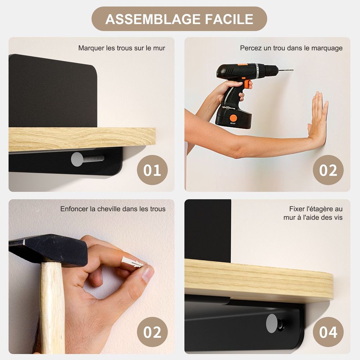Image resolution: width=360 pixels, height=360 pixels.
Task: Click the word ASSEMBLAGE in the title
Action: (153, 19)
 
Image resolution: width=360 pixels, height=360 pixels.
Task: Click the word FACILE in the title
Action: (229, 19)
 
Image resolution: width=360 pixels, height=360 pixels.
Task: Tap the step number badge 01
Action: (152, 170)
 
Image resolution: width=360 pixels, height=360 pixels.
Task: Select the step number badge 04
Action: (328, 332)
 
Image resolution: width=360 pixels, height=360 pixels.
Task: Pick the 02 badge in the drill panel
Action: (328, 170)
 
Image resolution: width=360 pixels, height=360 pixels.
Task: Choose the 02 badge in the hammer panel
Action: (152, 332)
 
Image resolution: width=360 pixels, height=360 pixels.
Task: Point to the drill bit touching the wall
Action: (285, 70)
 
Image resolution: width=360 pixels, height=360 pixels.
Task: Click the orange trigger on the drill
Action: (246, 84)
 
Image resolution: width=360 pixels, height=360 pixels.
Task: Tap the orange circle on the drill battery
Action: (233, 118)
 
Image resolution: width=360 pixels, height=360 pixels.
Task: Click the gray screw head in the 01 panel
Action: (77, 159)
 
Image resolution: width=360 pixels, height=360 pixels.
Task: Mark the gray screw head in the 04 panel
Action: (272, 323)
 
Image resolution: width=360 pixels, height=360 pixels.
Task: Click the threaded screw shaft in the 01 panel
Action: (93, 158)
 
